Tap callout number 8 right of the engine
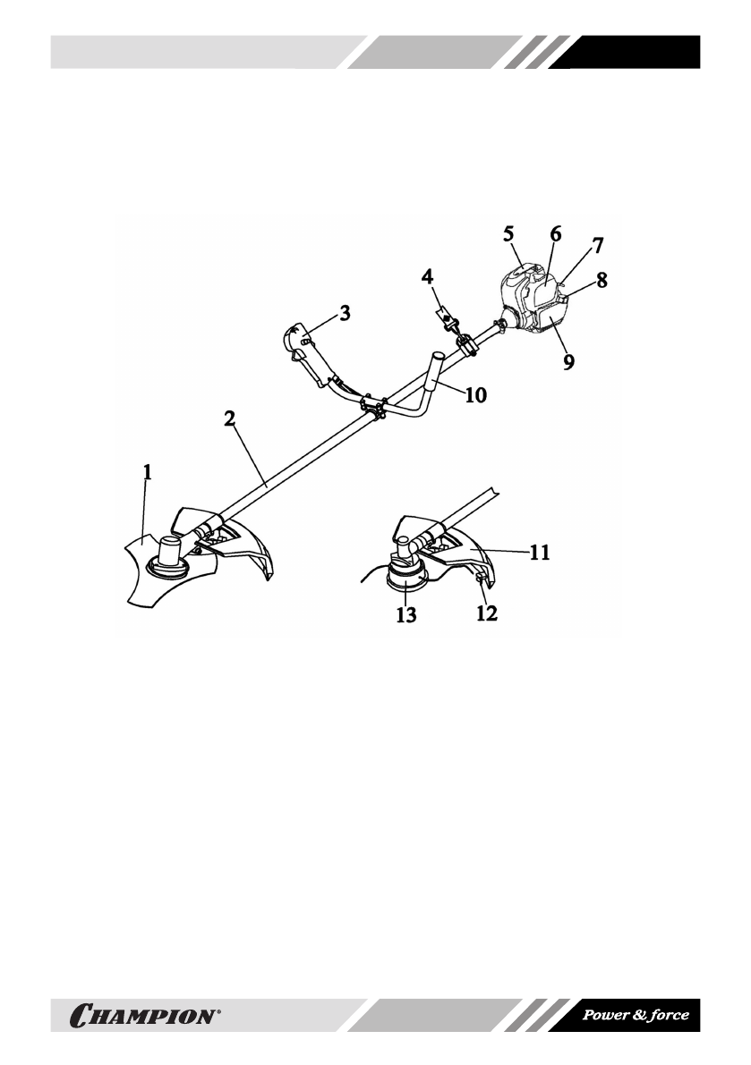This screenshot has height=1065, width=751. click(602, 280)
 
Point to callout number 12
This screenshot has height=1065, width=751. click(489, 614)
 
